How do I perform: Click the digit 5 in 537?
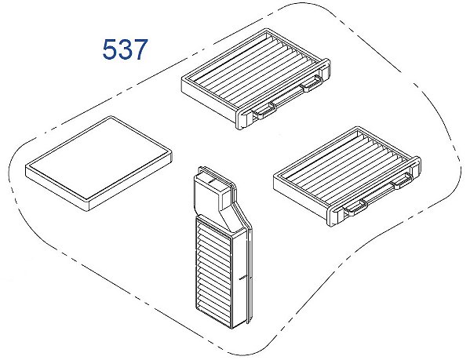point(110,49)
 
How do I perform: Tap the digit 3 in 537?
point(126,49)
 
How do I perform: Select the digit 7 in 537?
point(140,49)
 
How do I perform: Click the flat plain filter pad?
point(99,163)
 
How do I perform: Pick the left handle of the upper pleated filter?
point(264,111)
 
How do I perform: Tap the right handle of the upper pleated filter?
point(312,83)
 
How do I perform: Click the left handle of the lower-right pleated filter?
point(355,208)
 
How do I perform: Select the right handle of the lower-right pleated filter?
point(403,180)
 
